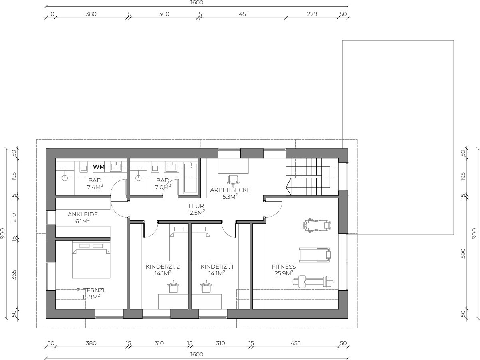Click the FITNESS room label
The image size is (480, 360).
pyautogui.click(x=284, y=267)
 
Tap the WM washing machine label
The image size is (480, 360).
pyautogui.click(x=99, y=167)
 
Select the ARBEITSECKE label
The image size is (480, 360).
pyautogui.click(x=230, y=190)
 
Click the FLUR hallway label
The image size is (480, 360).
pyautogui.click(x=196, y=206)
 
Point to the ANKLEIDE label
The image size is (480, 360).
pyautogui.click(x=83, y=214)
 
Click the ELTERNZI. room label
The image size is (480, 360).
pyautogui.click(x=91, y=291)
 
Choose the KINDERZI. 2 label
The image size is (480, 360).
pyautogui.click(x=163, y=267)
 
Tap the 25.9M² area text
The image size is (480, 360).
pyautogui.click(x=284, y=273)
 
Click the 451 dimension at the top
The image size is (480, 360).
pyautogui.click(x=243, y=14)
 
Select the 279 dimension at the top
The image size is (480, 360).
pyautogui.click(x=312, y=14)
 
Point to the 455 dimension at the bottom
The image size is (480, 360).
pyautogui.click(x=296, y=343)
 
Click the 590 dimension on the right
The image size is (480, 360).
pyautogui.click(x=463, y=253)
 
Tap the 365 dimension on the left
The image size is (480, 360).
pyautogui.click(x=14, y=275)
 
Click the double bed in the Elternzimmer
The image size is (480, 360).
pyautogui.click(x=91, y=260)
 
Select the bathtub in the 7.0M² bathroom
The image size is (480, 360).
pyautogui.click(x=191, y=178)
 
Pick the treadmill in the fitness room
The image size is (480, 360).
pyautogui.click(x=315, y=255)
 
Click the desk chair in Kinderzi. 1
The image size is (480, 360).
pyautogui.click(x=206, y=286)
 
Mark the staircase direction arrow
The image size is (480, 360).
pyautogui.click(x=288, y=186)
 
